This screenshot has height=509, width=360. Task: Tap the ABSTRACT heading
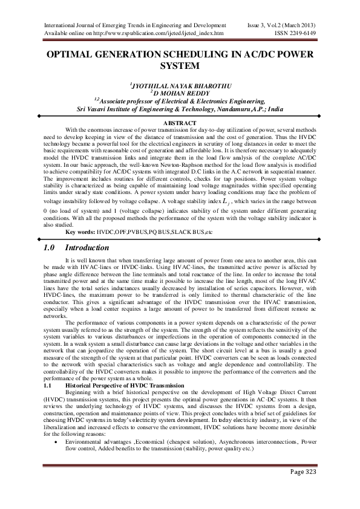(180, 123)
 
